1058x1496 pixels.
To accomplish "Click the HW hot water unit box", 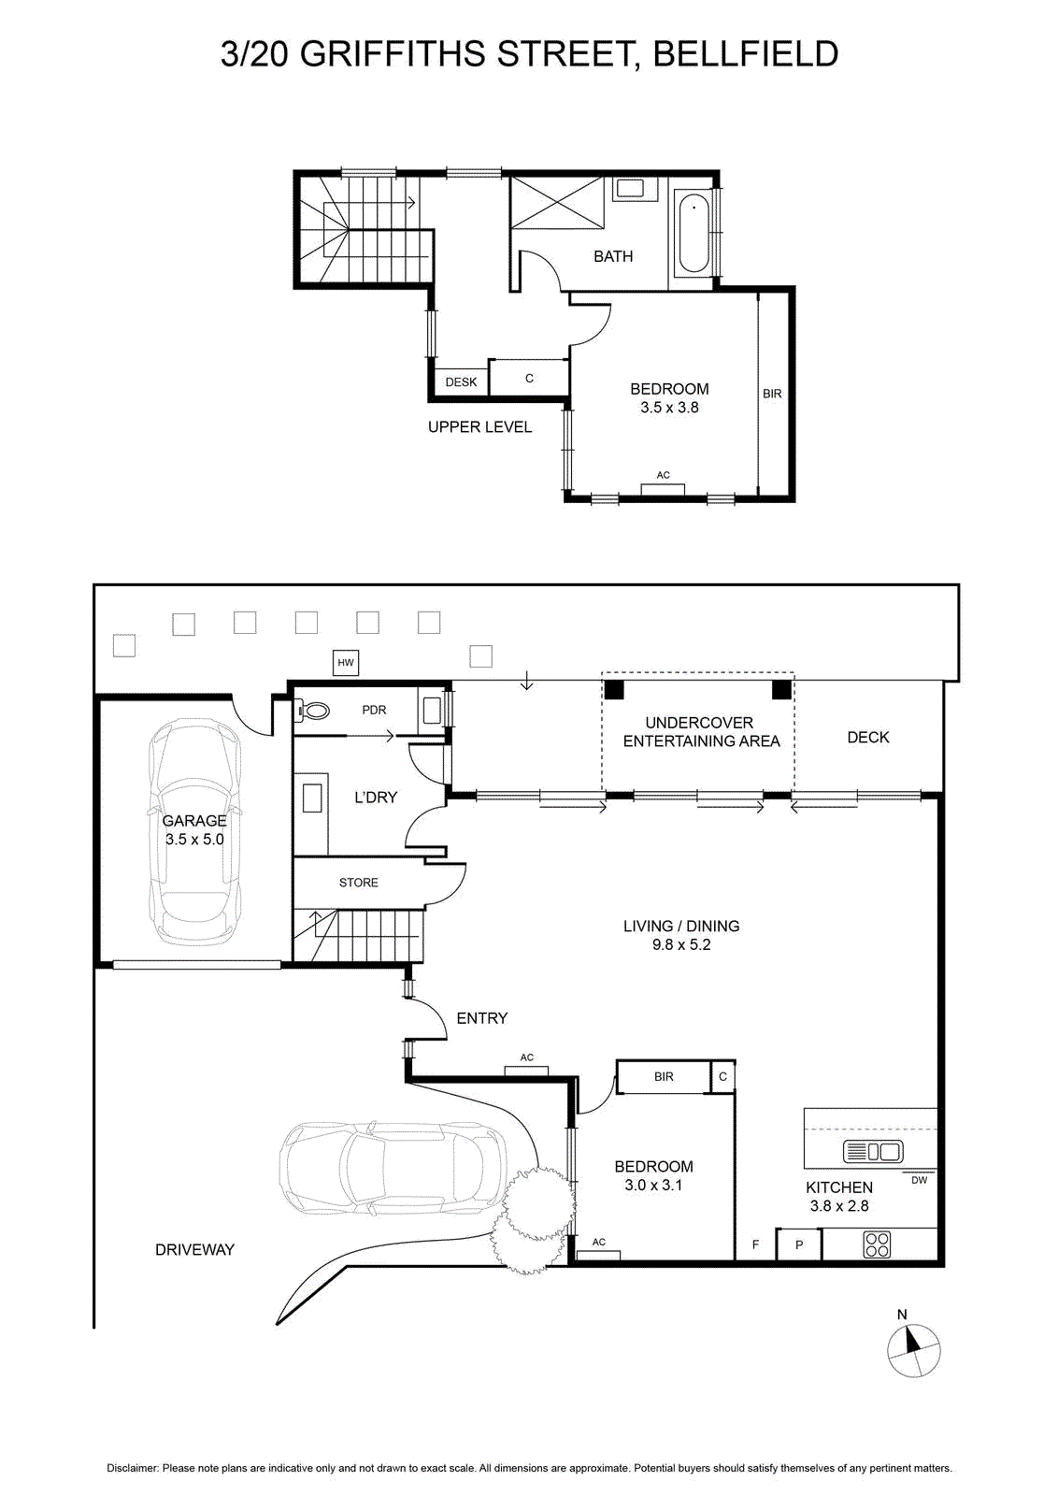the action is point(345,663).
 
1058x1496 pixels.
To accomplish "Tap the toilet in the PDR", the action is point(312,710).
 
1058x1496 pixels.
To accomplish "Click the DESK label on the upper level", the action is point(462,382).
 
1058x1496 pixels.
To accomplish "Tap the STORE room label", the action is point(359,883).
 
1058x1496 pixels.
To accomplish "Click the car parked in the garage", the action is point(194,831).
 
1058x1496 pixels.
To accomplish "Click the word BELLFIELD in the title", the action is point(746,55).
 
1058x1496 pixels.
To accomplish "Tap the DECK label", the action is point(867,738).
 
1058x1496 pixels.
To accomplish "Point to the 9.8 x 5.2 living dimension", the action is point(681,944).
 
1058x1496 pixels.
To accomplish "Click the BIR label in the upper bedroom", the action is point(772,394).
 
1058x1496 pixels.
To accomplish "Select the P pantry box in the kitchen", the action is point(798,1244).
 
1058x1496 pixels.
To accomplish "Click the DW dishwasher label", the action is point(919,1180).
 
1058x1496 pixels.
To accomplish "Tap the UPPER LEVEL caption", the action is point(480,426).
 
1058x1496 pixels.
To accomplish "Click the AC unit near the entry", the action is point(527,1072).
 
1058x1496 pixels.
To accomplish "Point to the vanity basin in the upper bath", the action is point(629,188).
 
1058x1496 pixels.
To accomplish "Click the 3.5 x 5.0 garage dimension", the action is point(195,840).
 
